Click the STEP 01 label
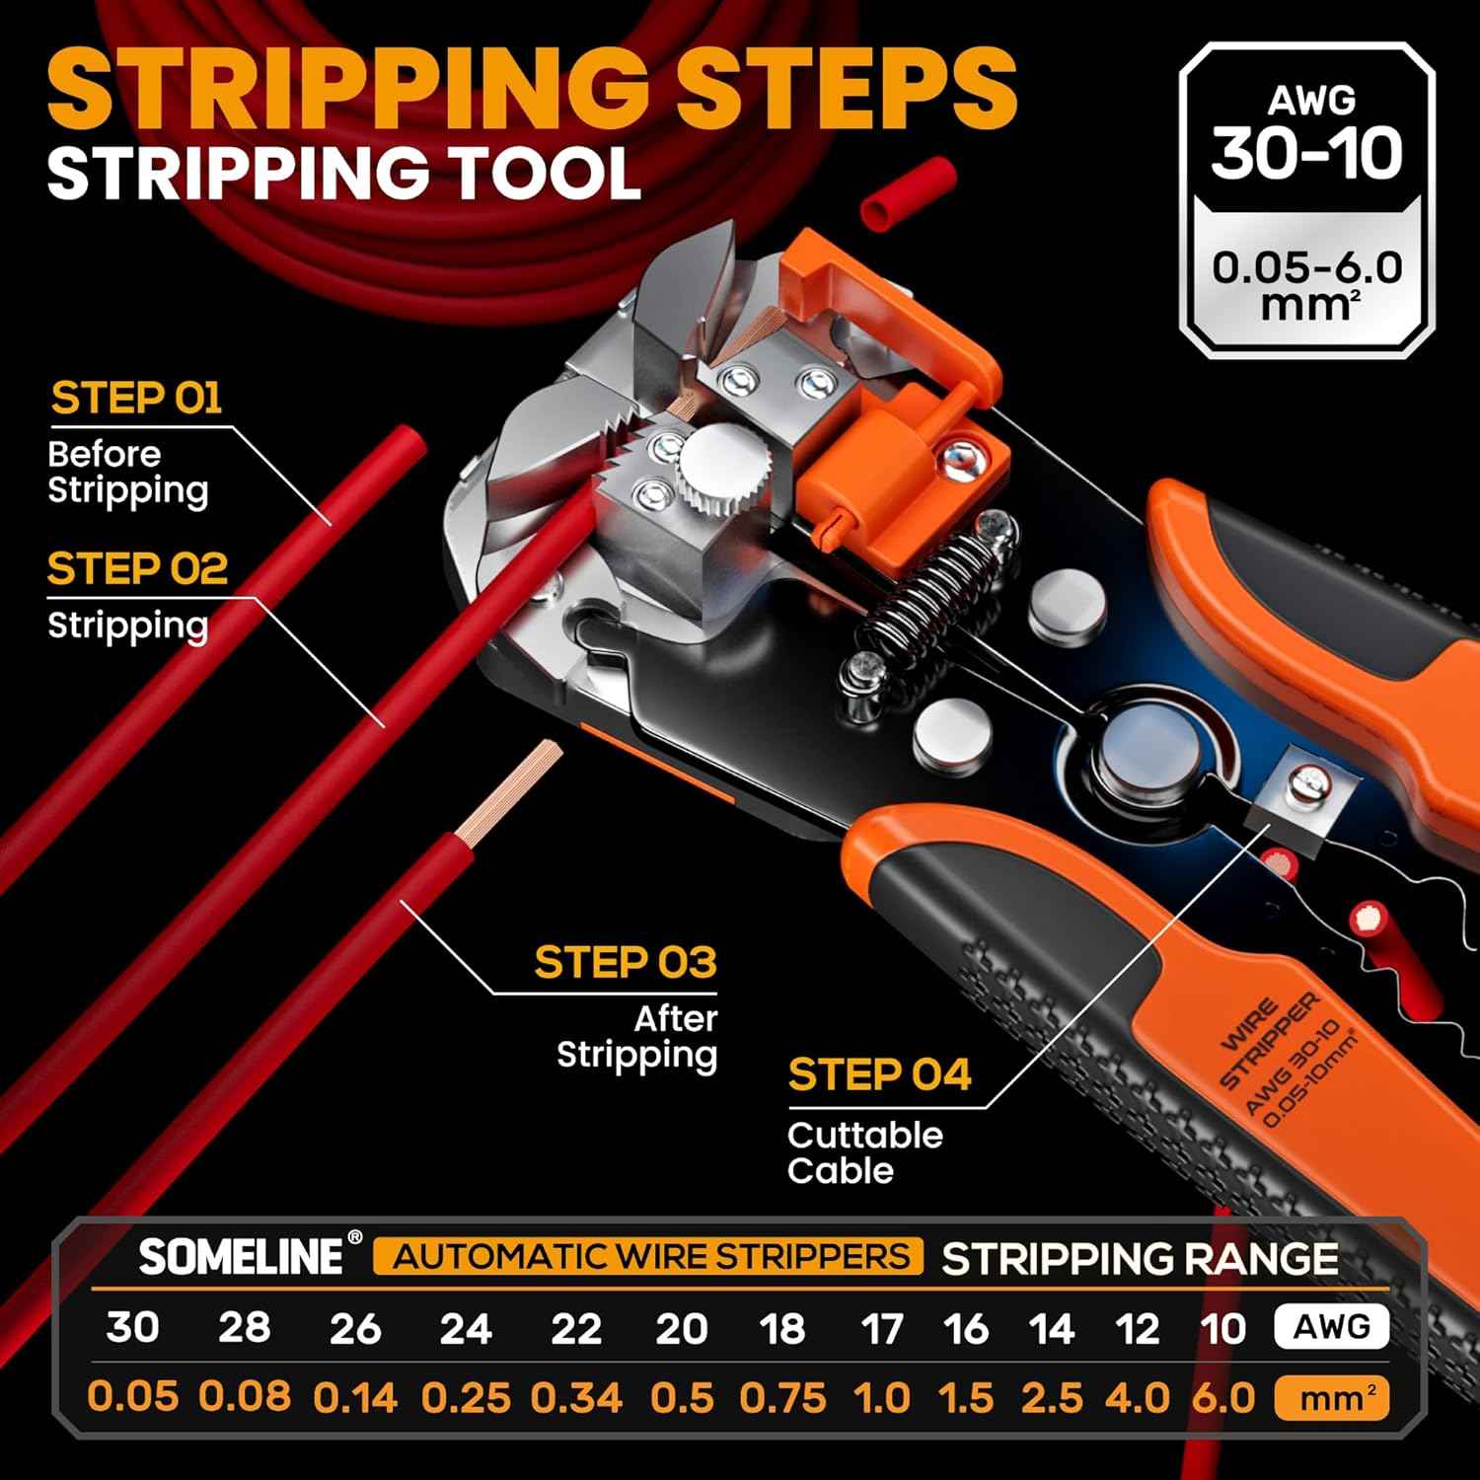[x=136, y=399]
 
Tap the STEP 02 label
[x=137, y=569]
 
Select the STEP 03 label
[x=625, y=963]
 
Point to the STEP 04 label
[x=879, y=1075]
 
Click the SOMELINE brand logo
[x=241, y=1257]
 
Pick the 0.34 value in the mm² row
[x=576, y=1398]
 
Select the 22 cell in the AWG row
[x=576, y=1328]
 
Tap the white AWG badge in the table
[x=1331, y=1327]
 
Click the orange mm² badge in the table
[x=1331, y=1398]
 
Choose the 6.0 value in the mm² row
[x=1222, y=1398]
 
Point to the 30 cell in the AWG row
[x=132, y=1327]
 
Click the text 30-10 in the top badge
[x=1306, y=153]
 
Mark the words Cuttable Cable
[x=864, y=1152]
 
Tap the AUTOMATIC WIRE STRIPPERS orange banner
[x=648, y=1257]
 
